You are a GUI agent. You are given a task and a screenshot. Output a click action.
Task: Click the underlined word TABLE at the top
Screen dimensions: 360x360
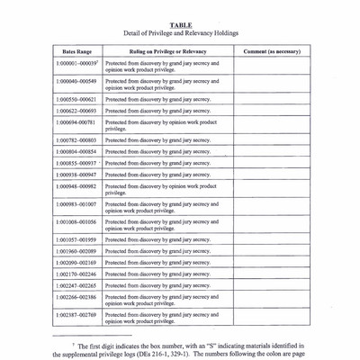coord(181,25)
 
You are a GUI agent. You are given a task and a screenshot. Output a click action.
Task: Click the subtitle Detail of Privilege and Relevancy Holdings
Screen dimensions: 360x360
coord(181,33)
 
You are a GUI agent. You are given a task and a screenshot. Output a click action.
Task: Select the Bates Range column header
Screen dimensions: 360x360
coord(77,51)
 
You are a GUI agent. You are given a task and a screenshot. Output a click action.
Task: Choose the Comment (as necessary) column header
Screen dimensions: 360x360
coord(272,51)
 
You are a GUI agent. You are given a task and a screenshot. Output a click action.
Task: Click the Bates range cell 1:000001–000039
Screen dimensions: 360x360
coord(76,64)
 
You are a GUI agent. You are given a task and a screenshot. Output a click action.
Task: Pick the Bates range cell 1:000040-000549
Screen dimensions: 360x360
coord(76,81)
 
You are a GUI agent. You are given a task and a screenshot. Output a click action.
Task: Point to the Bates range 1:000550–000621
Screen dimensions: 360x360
coord(76,99)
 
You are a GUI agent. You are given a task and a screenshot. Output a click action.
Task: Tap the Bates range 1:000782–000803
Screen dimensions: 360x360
coord(76,140)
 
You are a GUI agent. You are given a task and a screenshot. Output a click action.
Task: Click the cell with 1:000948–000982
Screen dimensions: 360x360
coord(76,186)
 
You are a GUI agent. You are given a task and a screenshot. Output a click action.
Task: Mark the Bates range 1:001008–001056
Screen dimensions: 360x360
coord(76,221)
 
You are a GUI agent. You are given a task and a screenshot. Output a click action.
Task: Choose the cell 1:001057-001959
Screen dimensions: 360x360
coord(76,240)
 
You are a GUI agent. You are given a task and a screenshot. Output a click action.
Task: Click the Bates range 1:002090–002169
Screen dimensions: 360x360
coord(76,263)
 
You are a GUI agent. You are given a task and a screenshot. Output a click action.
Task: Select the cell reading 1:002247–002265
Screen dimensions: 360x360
coord(76,285)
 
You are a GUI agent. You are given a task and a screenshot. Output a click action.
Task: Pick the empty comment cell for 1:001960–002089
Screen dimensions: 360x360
coord(272,251)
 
